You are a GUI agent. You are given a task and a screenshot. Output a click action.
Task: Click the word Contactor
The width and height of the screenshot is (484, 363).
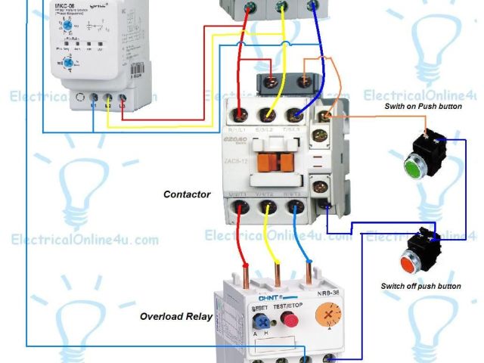(187, 194)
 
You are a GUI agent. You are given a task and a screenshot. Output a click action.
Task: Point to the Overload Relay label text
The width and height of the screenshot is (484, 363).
(176, 316)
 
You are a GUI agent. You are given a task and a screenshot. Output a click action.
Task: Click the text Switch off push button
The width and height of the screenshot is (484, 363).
(421, 287)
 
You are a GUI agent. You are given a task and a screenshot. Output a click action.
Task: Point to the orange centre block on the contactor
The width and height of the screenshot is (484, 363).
(276, 161)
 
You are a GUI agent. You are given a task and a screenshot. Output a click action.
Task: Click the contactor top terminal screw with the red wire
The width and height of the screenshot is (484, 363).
(240, 115)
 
